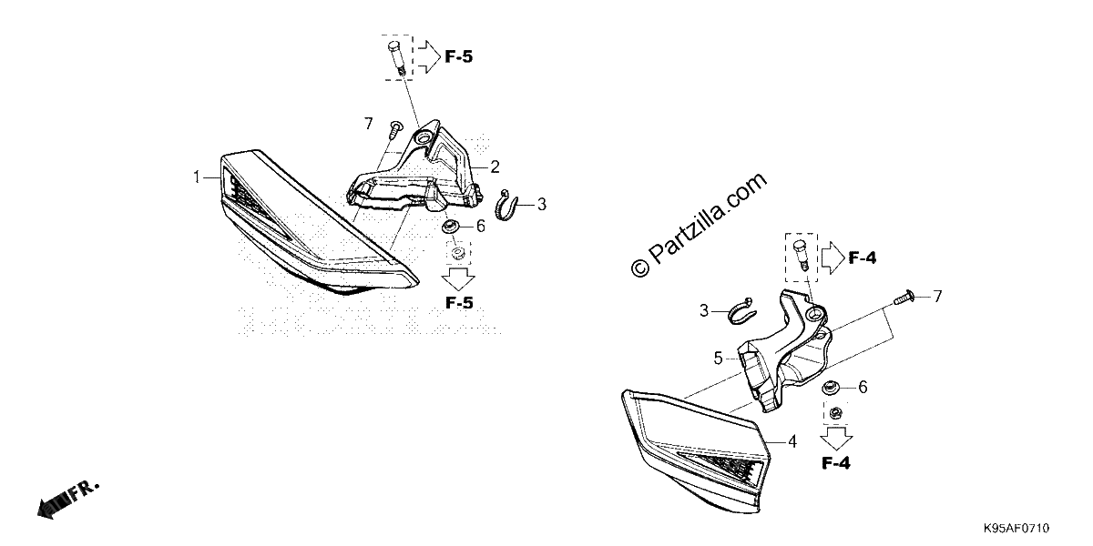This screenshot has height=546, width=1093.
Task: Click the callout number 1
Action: pos(197,177)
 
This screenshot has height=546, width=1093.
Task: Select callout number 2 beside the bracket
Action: pos(495,167)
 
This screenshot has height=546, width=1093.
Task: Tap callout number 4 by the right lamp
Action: pos(792,442)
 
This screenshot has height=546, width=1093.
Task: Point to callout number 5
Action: pos(719,359)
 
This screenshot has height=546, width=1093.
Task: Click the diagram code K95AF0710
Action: pos(1016,529)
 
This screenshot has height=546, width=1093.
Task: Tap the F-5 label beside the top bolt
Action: pos(459,57)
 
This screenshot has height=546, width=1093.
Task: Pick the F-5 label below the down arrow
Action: pos(459,303)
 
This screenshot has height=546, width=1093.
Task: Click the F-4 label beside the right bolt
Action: pos(863,258)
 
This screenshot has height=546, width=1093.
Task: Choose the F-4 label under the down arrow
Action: pos(836,463)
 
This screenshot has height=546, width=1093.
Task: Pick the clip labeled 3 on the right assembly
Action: pos(741,310)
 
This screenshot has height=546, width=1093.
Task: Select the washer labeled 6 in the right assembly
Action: pos(830,388)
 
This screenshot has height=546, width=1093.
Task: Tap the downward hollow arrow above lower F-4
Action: pos(836,438)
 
